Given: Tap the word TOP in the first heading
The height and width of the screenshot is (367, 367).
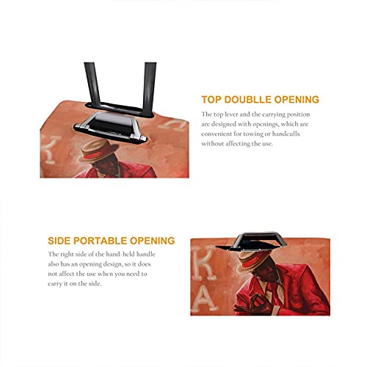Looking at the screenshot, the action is point(211,100).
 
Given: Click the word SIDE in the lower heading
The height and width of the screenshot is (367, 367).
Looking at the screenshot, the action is point(59,241).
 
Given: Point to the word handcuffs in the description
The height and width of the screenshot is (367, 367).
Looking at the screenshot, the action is point(286,134).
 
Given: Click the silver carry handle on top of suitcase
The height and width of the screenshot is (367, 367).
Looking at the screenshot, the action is point(111,127).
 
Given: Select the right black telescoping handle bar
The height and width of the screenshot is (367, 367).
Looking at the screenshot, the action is point(149,87).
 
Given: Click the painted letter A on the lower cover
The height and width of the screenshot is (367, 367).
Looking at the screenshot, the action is point(204,300).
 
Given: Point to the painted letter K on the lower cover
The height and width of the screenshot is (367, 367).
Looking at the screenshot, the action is point(205,262).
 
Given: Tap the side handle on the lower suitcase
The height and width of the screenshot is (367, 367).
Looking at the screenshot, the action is point(252,241).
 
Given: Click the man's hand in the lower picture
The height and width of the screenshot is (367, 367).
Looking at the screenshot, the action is point(254,302).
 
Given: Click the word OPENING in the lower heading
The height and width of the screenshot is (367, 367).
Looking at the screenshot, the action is point(152,241).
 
